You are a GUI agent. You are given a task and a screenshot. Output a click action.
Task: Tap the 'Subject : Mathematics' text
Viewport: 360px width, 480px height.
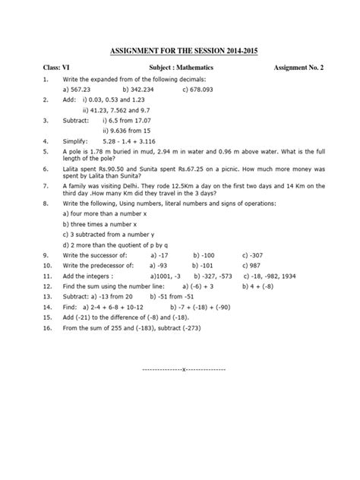coord(180,68)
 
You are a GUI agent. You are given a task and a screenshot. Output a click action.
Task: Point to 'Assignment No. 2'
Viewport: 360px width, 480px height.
coord(298,68)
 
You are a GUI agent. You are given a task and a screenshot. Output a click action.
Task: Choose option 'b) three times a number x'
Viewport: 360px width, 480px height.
coord(99,225)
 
